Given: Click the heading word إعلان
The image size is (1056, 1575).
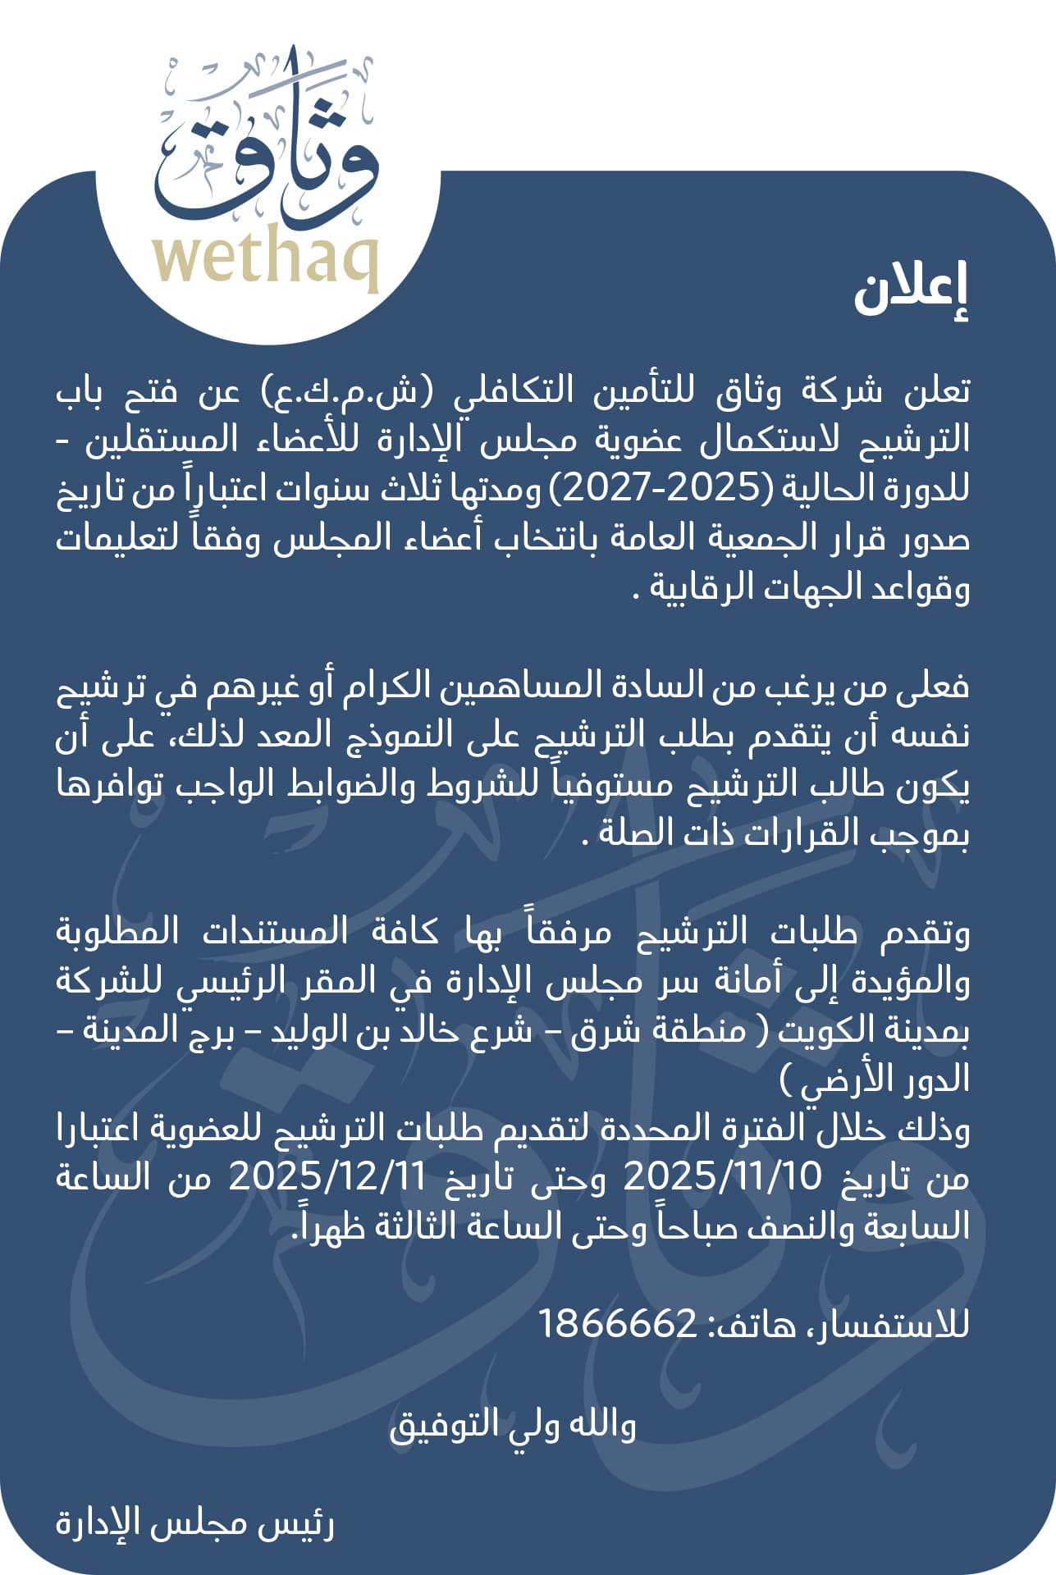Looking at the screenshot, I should tap(911, 291).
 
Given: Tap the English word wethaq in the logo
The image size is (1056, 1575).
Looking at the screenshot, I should tap(266, 261).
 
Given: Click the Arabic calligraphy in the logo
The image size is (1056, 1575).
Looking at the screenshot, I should tap(267, 148).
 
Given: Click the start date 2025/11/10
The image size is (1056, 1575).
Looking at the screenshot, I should tap(722, 1178).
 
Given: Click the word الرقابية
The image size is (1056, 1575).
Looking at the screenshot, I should tap(706, 588).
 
